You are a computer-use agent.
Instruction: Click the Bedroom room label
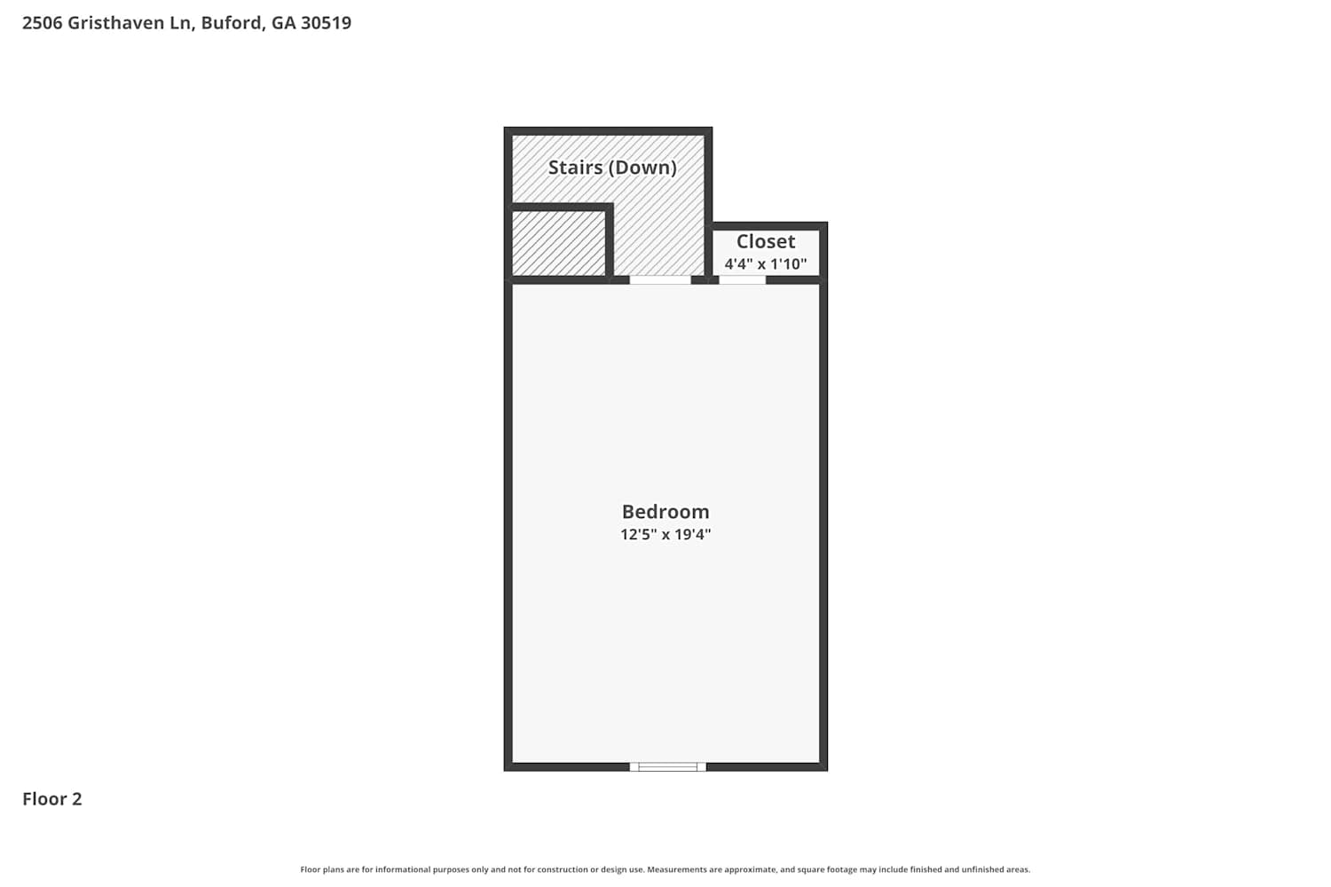click(x=665, y=512)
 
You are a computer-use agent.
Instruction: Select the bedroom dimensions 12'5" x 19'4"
click(x=665, y=534)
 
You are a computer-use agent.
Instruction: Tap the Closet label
click(x=765, y=241)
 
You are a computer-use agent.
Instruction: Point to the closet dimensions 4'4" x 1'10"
click(x=765, y=263)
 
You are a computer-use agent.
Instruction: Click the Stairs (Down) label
click(x=612, y=168)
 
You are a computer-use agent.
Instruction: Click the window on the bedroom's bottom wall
click(x=668, y=767)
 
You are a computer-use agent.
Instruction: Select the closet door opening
click(x=742, y=279)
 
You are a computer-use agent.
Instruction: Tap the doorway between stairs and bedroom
click(x=660, y=279)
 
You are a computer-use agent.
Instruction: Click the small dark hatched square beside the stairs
click(x=558, y=244)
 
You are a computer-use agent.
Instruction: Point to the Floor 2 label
click(x=52, y=799)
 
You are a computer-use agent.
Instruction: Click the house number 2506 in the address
click(x=43, y=22)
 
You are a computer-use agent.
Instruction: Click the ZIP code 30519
click(x=327, y=22)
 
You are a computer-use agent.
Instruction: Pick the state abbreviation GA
click(x=283, y=22)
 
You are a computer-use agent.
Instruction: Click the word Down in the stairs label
click(x=642, y=168)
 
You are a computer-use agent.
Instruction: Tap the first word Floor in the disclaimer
click(x=311, y=869)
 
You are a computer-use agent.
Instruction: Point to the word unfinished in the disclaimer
click(x=980, y=869)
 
